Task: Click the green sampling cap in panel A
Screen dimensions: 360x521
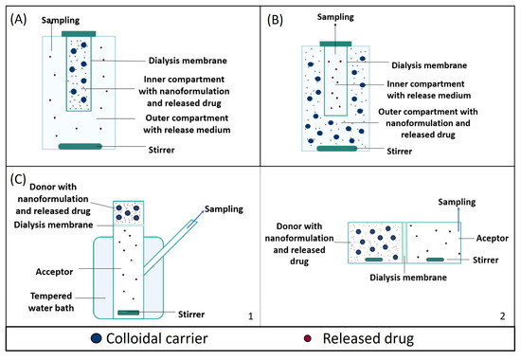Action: point(79,34)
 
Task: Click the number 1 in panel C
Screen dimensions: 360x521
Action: point(247,314)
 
